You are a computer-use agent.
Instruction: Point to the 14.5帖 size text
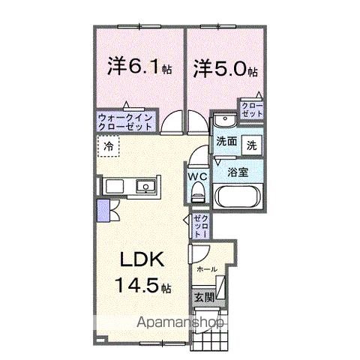[x=142, y=286]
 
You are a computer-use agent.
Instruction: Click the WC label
[x=197, y=177]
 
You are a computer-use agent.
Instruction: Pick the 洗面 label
[x=226, y=142]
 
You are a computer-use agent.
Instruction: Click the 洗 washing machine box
[x=252, y=142]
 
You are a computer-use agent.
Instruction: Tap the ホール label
[x=207, y=268]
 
